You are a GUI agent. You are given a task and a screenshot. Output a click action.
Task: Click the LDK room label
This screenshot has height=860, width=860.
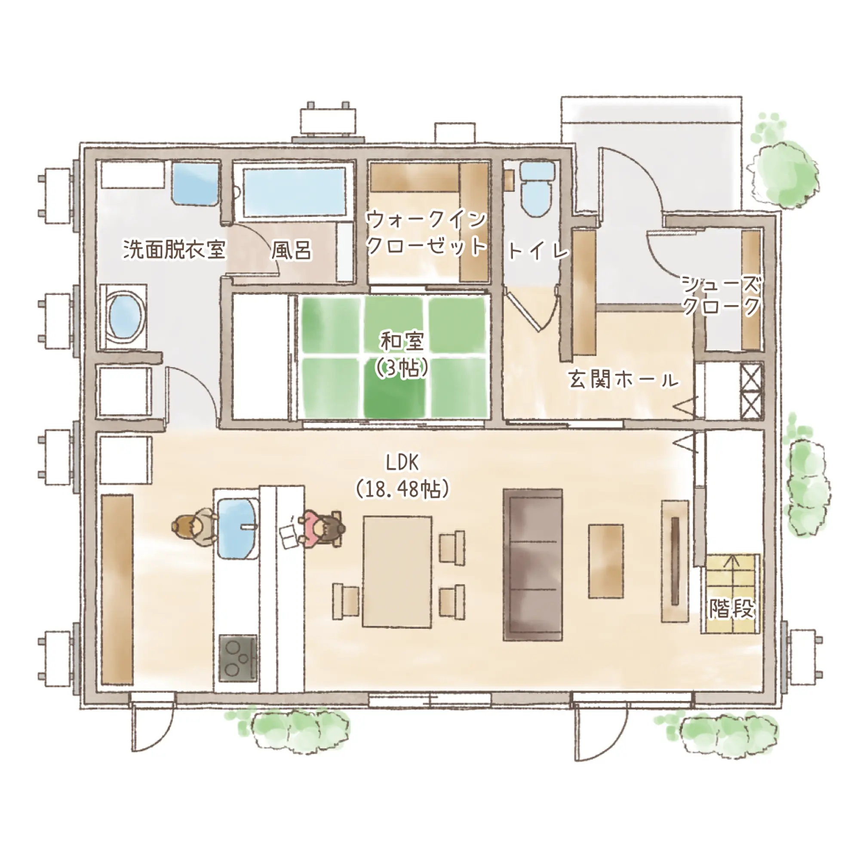click(x=402, y=464)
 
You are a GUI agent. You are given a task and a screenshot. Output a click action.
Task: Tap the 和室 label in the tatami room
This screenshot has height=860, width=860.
click(x=402, y=342)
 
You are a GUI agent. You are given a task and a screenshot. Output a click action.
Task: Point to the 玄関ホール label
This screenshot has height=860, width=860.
click(x=624, y=381)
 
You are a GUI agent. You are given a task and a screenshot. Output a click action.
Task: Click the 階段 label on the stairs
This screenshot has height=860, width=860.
click(x=731, y=608)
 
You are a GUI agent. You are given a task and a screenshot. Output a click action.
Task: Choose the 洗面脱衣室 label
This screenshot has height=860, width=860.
click(x=175, y=249)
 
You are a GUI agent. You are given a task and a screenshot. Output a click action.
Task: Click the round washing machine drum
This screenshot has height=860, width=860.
click(x=127, y=316)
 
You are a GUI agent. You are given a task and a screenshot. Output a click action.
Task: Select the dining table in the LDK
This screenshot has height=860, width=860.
click(x=397, y=572)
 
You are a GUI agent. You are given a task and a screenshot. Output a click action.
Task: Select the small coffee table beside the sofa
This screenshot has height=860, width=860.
click(x=606, y=561)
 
